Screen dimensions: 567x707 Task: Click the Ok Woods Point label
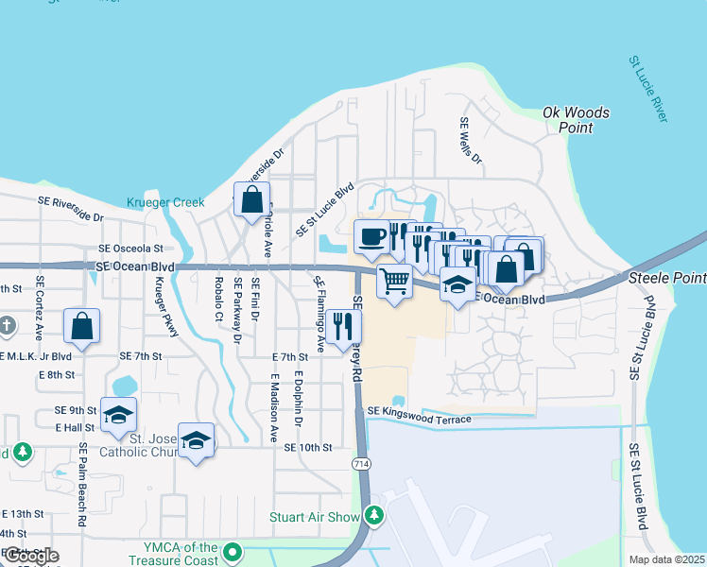coord(576,120)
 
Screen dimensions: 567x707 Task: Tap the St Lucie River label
coord(647,88)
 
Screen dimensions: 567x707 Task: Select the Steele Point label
coord(667,279)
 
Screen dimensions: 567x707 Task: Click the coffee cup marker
coord(371,236)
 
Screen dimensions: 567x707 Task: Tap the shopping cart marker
coord(394,280)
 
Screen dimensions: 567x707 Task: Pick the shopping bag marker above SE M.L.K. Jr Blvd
coord(82,326)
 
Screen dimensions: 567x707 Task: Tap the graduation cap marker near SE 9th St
coord(119,414)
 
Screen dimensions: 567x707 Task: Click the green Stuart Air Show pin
coord(376,515)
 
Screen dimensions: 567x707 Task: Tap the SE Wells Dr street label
coord(470,141)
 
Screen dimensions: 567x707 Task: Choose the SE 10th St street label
coord(302,447)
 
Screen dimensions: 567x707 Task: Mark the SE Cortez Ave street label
coord(40,302)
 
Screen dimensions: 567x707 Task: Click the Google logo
coord(30,556)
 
